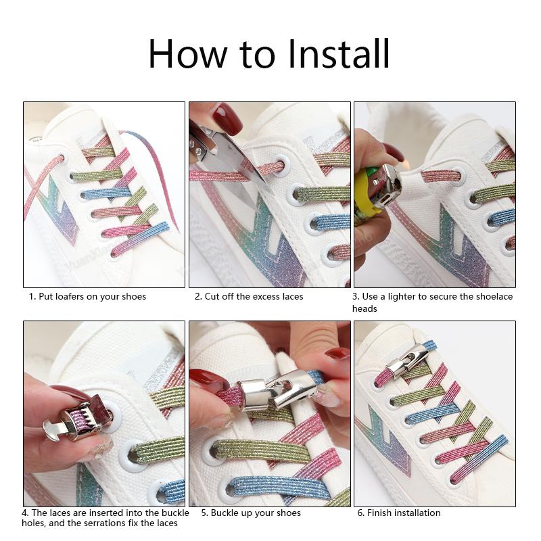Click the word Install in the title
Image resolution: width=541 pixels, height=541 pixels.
coord(339,54)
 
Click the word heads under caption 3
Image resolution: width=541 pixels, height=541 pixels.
coord(364,308)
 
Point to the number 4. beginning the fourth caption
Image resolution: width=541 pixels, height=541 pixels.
coord(25,513)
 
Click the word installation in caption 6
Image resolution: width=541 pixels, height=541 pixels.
coord(417,513)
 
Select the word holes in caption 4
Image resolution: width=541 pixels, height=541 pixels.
coord(33,523)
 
